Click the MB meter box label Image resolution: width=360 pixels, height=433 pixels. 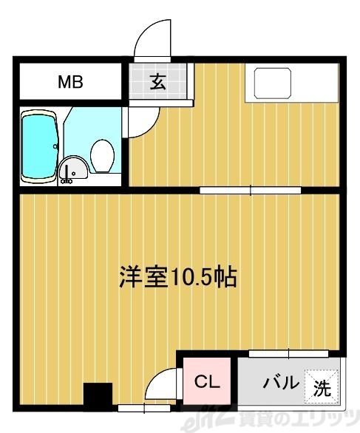[x=70, y=82]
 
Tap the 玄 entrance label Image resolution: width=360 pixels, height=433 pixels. [x=158, y=81]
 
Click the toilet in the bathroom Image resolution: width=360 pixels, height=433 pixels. [x=101, y=156]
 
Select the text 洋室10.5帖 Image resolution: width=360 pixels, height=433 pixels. [x=177, y=277]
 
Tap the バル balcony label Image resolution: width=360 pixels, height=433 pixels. [x=282, y=383]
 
